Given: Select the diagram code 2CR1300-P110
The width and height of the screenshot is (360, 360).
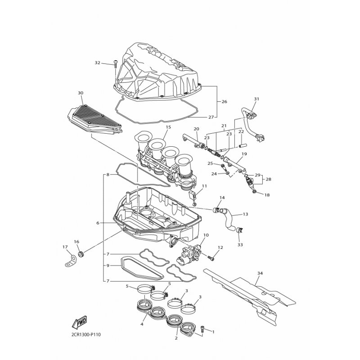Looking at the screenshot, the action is pos(84,334).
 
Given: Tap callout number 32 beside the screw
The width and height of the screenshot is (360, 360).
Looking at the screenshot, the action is pos(98,63).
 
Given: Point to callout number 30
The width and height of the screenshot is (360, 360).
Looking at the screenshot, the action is pos(81,93).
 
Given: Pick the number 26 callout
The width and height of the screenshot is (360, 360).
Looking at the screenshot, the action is pos(224,102).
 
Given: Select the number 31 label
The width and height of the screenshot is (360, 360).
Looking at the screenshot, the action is pos(256,99).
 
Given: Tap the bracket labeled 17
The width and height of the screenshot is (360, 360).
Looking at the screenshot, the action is pos(71,261).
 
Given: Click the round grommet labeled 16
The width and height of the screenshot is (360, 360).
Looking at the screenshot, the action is pos(81,254).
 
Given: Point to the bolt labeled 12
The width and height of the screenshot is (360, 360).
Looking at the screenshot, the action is pos(211,258).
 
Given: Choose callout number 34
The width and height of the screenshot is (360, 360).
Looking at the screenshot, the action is pos(260,273).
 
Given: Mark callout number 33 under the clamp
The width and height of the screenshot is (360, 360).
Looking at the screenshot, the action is pos(240,245).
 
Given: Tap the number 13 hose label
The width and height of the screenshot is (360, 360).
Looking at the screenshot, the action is pos(245,214).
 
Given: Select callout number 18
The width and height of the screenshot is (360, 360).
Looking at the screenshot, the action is pos(267,195).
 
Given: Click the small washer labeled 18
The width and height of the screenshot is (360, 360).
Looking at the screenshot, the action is pos(254,192).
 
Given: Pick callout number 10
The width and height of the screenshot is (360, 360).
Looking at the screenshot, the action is pos(206,235).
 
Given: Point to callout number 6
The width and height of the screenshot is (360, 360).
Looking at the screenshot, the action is pos(98,223).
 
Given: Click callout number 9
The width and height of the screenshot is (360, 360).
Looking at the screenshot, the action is pos(108,265).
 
